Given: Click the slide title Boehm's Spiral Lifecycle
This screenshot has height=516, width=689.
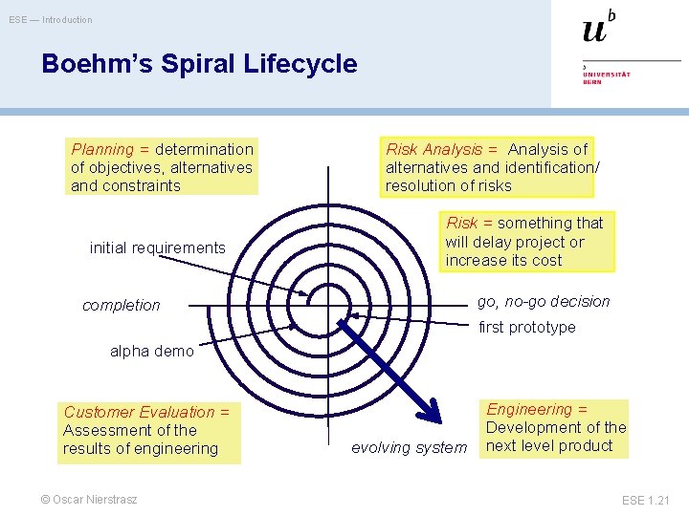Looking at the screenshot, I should click(x=199, y=64).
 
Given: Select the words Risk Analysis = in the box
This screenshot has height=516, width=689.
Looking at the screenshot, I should click(x=441, y=149).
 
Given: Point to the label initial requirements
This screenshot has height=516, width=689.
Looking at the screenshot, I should click(x=157, y=247).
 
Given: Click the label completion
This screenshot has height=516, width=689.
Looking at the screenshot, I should click(x=122, y=305).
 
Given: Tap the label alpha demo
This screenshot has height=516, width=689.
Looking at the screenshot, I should click(x=151, y=351).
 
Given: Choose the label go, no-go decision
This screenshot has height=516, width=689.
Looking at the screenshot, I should click(x=544, y=301).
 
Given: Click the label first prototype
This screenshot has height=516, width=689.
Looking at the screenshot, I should click(x=527, y=327).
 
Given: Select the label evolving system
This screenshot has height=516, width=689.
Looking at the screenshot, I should click(x=409, y=447).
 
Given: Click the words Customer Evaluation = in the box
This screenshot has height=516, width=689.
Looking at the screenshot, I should click(x=146, y=412).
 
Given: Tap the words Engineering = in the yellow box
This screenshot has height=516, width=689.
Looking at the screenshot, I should click(x=537, y=409).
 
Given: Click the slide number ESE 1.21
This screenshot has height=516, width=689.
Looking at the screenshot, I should click(x=647, y=500).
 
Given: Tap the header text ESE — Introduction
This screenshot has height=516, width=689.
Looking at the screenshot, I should click(x=51, y=19).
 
